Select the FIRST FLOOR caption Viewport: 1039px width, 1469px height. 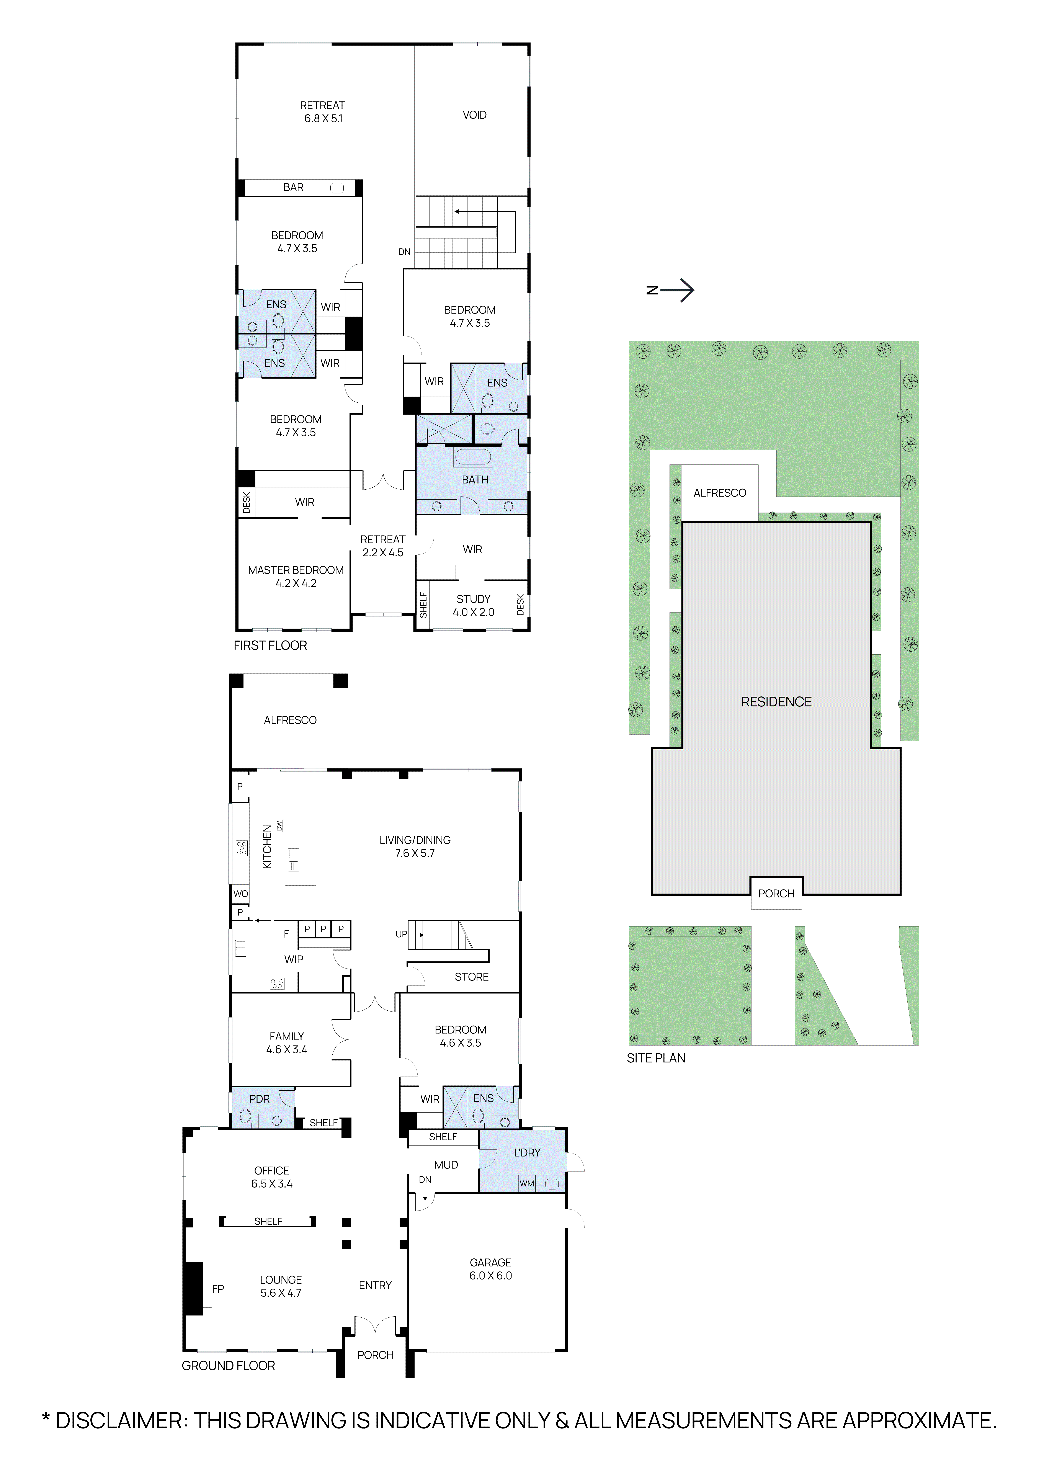270,645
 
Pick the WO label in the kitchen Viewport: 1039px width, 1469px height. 240,894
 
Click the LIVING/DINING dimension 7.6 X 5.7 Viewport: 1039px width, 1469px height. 415,853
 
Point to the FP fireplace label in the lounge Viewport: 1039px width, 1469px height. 218,1289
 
